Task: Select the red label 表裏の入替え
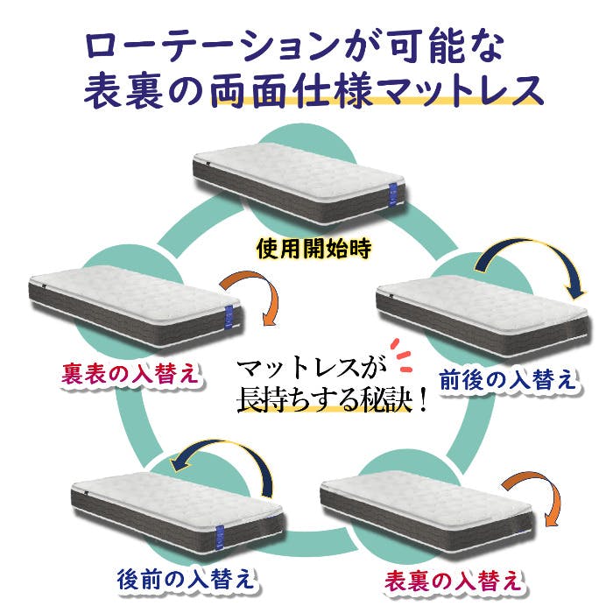(455, 580)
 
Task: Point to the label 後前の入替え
(186, 580)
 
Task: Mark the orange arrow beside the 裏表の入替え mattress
(253, 298)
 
